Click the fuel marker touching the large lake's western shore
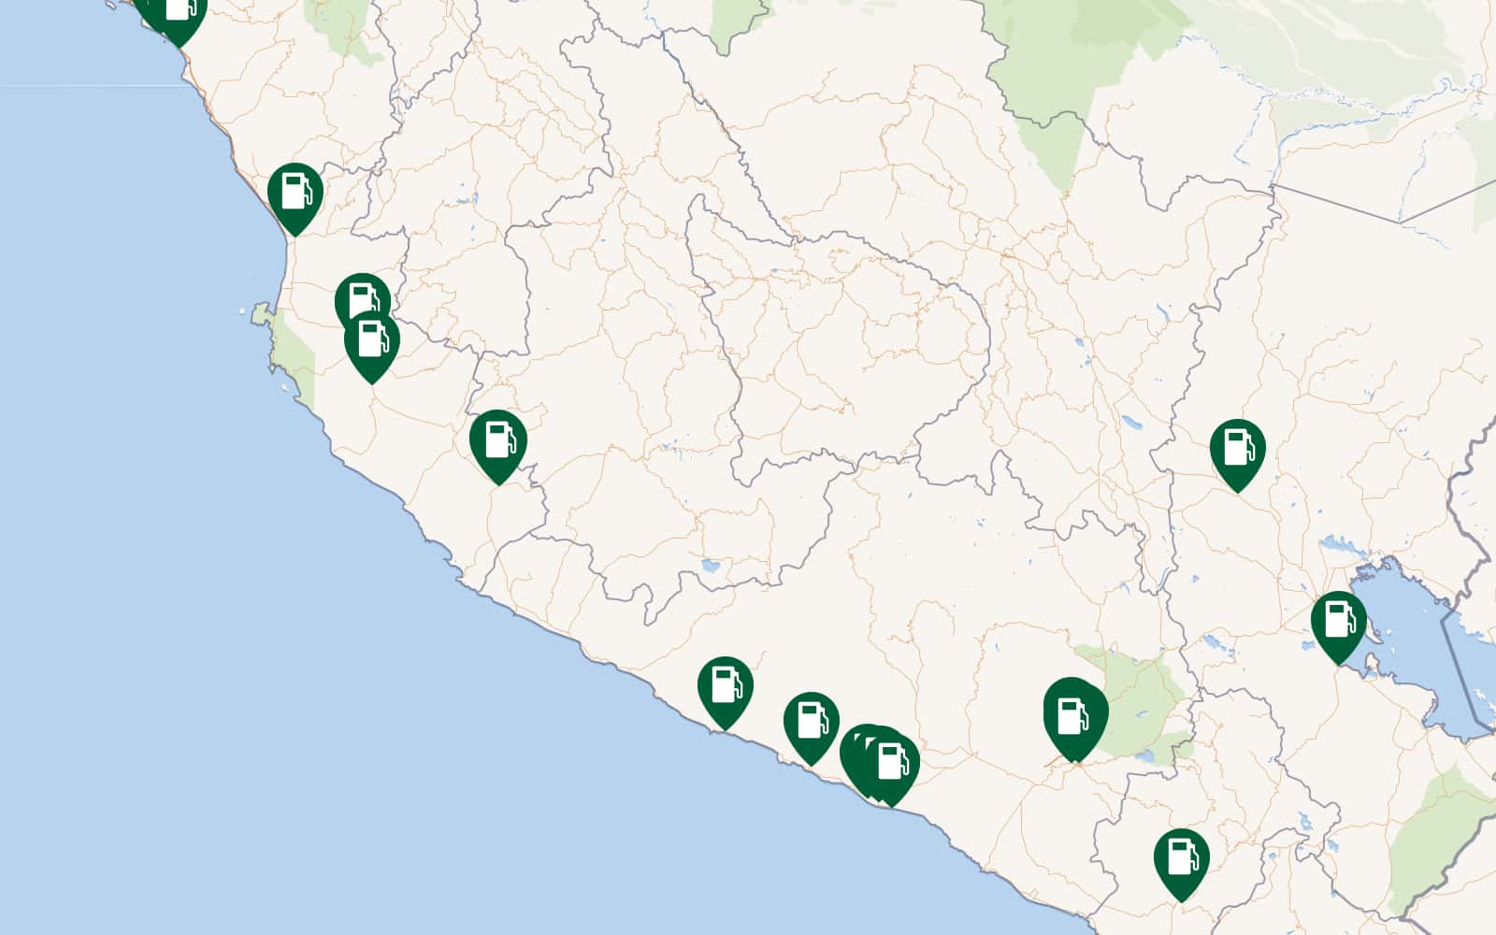click(1338, 621)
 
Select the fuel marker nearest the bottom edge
click(1181, 858)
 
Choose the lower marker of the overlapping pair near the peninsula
click(372, 342)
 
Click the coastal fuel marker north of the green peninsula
click(295, 193)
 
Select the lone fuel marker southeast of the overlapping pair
click(497, 439)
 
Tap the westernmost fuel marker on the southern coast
click(725, 686)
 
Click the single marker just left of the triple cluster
click(811, 722)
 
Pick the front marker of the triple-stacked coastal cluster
click(892, 762)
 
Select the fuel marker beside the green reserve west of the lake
click(1075, 718)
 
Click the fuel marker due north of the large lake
click(1237, 449)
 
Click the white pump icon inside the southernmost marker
click(1182, 856)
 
